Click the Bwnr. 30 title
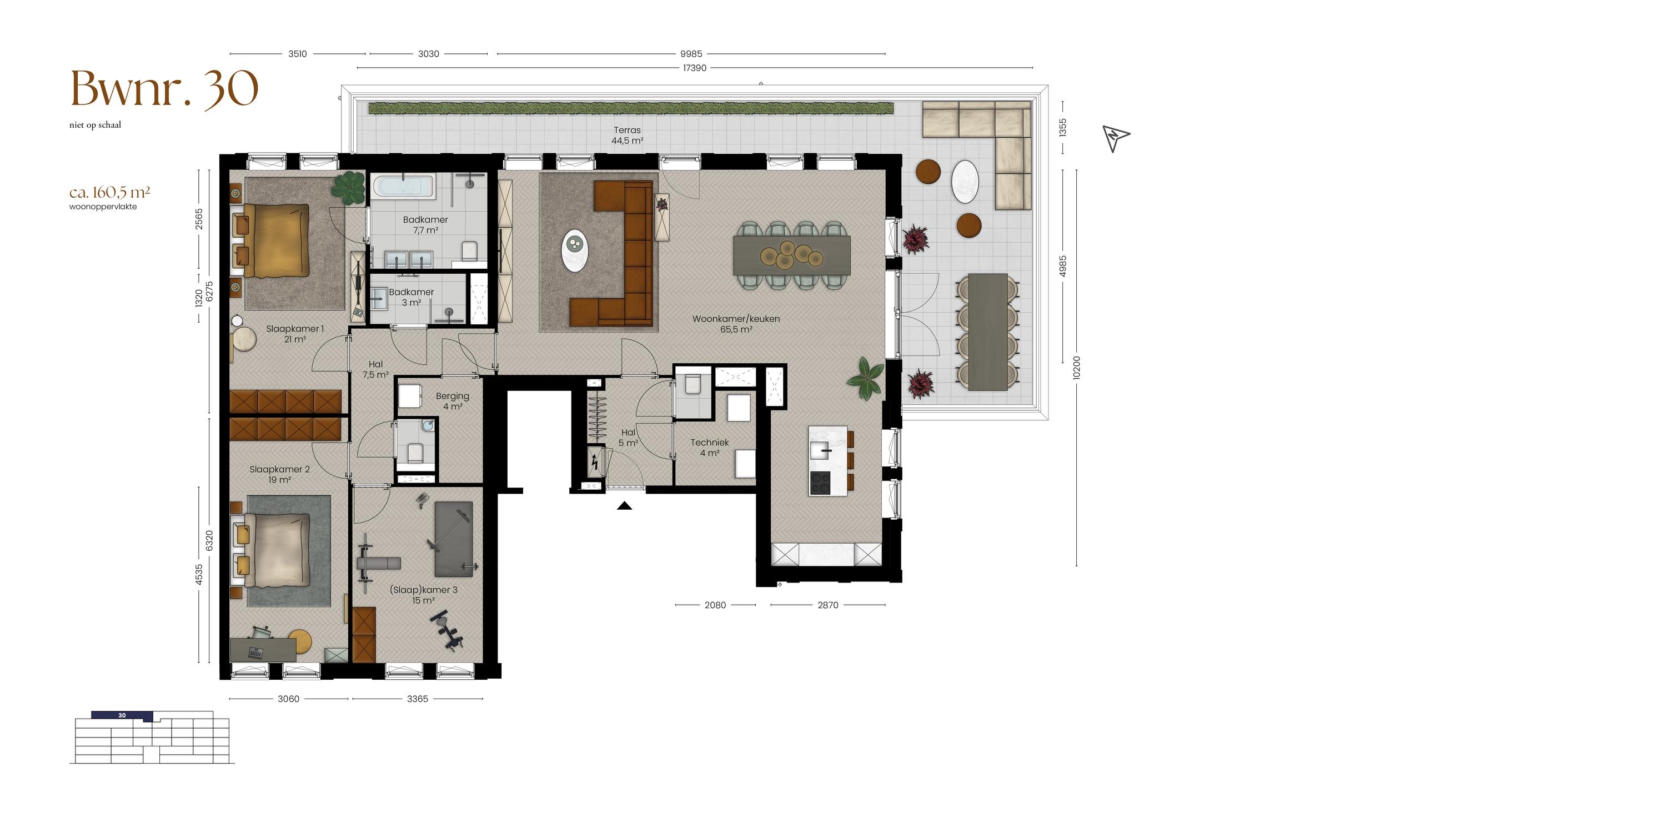pyautogui.click(x=164, y=89)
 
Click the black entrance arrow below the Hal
pyautogui.click(x=624, y=506)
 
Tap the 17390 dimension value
pyautogui.click(x=695, y=68)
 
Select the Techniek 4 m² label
pyautogui.click(x=710, y=448)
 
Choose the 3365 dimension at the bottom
pyautogui.click(x=418, y=699)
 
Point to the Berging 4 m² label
pyautogui.click(x=453, y=401)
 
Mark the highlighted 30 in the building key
pyautogui.click(x=122, y=715)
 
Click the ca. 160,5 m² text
pyautogui.click(x=110, y=192)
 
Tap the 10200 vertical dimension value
pyautogui.click(x=1076, y=367)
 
